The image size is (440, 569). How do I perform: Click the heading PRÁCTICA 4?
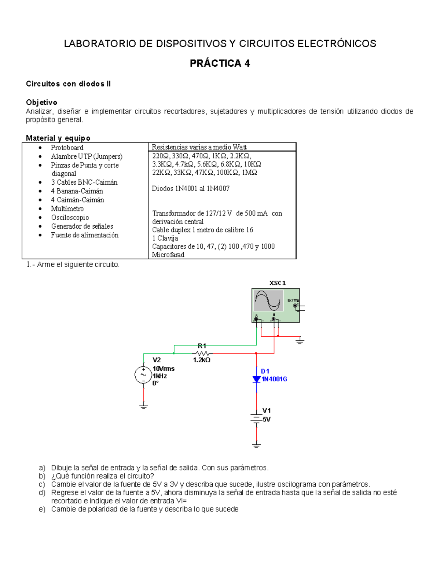pos(220,63)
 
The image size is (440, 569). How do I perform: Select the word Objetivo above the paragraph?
pos(41,102)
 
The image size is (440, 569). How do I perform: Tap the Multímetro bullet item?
pos(67,208)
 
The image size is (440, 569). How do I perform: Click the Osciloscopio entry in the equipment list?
pos(70,217)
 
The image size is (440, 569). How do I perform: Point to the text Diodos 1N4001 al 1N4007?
pos(191,188)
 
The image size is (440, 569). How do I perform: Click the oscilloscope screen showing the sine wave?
pos(269,300)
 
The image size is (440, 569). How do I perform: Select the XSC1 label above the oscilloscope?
pos(278,283)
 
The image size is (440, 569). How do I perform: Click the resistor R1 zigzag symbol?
pos(202,354)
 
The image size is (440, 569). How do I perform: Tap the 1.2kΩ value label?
pos(202,360)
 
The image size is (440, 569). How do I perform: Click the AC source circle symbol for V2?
pos(143,375)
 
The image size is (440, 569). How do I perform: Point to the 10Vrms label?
pos(164,369)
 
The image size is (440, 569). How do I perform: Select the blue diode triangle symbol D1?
pos(257,379)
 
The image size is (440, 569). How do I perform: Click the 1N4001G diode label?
pos(274,379)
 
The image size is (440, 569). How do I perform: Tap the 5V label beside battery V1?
pos(267,420)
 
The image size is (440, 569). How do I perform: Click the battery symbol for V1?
pos(256,418)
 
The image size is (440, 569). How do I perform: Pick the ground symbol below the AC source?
pos(143,406)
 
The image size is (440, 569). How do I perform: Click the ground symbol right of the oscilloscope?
pos(300,341)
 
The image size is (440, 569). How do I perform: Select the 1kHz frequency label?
pos(160,376)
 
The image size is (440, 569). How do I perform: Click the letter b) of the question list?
pos(42,476)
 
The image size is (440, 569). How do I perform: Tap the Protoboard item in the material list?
pos(67,148)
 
